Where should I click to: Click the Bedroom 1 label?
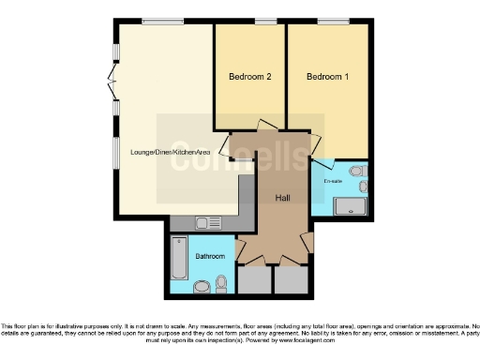[327, 78]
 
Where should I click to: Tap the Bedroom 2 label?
[250, 78]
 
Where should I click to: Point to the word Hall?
[281, 197]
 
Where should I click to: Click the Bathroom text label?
[209, 256]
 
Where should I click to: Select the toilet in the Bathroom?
[220, 281]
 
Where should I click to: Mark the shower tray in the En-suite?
[351, 204]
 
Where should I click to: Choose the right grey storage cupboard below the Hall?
[290, 280]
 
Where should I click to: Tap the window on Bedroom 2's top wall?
[265, 21]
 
